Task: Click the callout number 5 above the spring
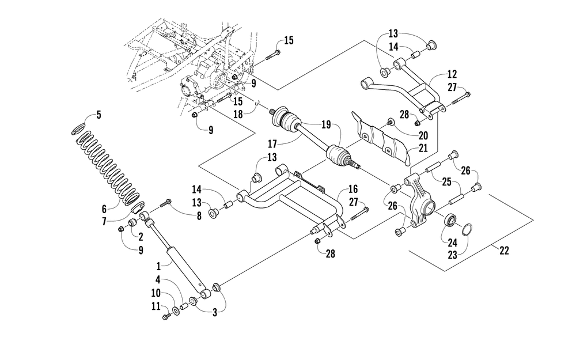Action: (x=98, y=115)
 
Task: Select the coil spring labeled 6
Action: (x=107, y=168)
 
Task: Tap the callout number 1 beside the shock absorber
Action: (x=159, y=265)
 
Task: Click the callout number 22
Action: (x=505, y=251)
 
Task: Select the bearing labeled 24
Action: (x=450, y=221)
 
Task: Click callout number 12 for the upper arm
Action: (x=452, y=74)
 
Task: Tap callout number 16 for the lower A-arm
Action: (x=353, y=189)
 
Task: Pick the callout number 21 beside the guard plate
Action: (x=423, y=149)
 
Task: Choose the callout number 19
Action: (x=326, y=124)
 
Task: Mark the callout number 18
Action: (x=238, y=114)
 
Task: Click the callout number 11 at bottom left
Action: (x=156, y=306)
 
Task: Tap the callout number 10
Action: (x=156, y=293)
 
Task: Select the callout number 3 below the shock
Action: (x=215, y=313)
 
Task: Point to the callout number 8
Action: (x=199, y=216)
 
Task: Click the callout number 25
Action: (x=446, y=181)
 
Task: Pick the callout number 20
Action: (x=423, y=136)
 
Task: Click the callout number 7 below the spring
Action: (x=104, y=222)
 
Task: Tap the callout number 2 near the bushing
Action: (x=141, y=237)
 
